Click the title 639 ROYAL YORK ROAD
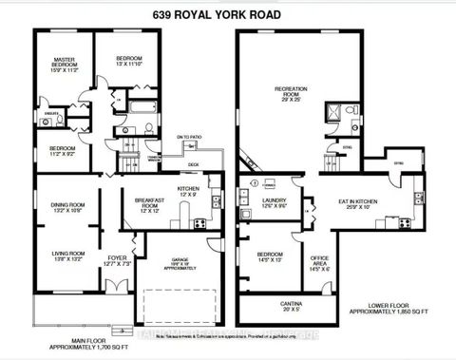click(228, 13)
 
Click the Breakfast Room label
click(151, 203)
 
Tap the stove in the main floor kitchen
click(199, 224)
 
